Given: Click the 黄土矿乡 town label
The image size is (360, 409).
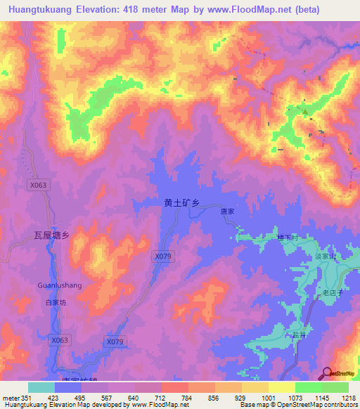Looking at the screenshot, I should point(182,203).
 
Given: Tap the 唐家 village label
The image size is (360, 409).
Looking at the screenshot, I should point(226,210).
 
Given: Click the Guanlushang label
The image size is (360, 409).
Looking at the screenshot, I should point(60,285).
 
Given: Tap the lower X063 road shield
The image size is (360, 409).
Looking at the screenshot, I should point(60,340).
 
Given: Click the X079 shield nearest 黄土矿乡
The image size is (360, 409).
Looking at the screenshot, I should point(162,257).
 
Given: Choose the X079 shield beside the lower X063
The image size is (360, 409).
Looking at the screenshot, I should point(115,342).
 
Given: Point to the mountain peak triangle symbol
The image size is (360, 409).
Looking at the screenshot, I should point(305,110).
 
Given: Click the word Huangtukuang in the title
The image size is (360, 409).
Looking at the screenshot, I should point(39,10).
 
